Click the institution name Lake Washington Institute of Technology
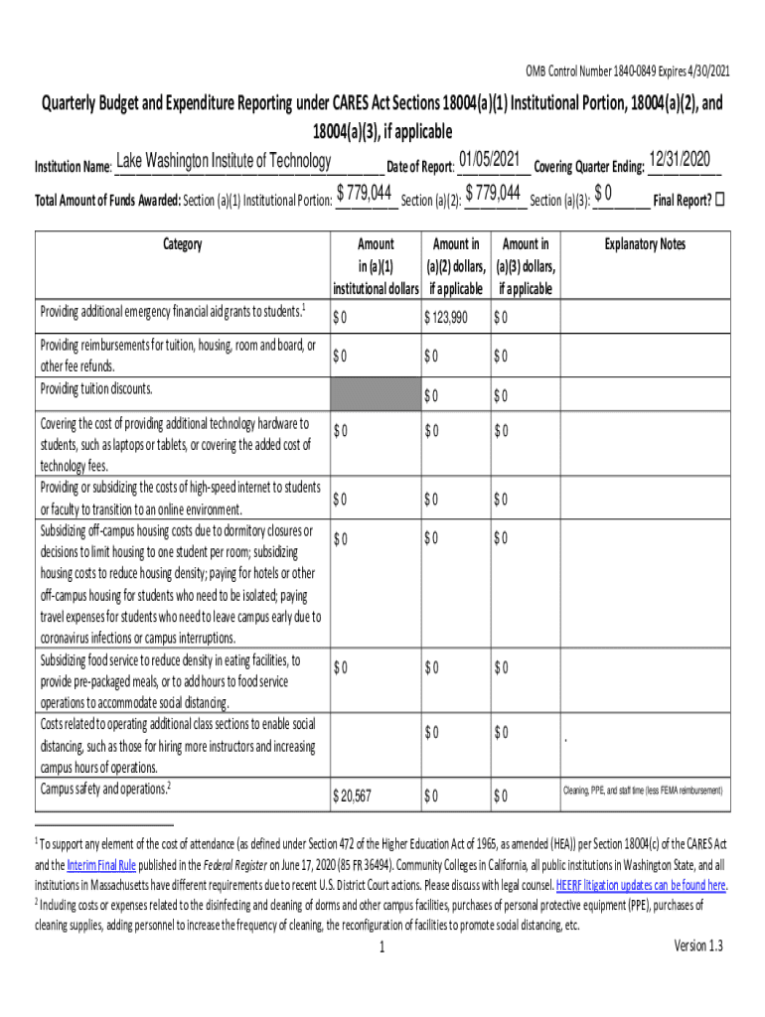pyautogui.click(x=224, y=161)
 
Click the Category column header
pyautogui.click(x=180, y=244)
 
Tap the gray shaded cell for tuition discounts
pyautogui.click(x=374, y=392)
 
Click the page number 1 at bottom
pyautogui.click(x=382, y=947)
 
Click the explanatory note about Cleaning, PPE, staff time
pyautogui.click(x=643, y=791)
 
